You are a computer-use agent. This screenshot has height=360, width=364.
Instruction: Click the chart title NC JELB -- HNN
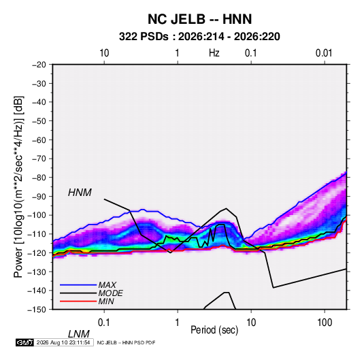[199, 19]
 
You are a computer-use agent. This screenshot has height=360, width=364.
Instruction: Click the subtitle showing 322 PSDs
[199, 37]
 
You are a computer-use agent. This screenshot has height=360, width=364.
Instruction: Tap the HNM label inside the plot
[80, 193]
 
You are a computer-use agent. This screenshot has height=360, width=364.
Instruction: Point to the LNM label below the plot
[79, 334]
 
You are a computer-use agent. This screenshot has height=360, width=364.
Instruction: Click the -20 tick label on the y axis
[39, 65]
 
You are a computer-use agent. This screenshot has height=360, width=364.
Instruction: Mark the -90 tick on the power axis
[39, 197]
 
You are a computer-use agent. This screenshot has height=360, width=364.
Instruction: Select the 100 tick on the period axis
[325, 323]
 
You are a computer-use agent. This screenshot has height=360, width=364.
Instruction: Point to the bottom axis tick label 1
[178, 323]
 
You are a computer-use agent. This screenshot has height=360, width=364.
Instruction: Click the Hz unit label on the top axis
[214, 53]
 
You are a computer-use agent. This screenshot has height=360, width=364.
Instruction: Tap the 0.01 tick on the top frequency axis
[324, 53]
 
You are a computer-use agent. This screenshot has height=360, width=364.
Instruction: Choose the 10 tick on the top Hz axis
[104, 53]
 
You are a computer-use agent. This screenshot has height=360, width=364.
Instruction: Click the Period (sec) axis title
[214, 330]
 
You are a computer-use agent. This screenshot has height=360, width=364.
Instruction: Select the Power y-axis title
[18, 187]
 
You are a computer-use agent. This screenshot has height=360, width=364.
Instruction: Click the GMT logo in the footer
[24, 342]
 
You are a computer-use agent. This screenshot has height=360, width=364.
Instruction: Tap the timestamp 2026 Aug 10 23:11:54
[63, 342]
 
